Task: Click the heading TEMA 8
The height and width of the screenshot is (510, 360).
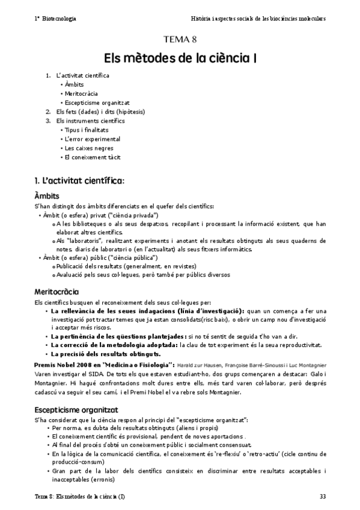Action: coord(180,40)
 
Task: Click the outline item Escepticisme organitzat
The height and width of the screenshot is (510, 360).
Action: coord(97,102)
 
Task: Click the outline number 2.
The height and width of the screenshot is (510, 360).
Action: coord(48,111)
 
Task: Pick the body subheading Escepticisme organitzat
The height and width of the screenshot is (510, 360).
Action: coord(75,409)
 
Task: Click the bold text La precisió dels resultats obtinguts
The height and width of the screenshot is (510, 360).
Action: coord(105,354)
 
